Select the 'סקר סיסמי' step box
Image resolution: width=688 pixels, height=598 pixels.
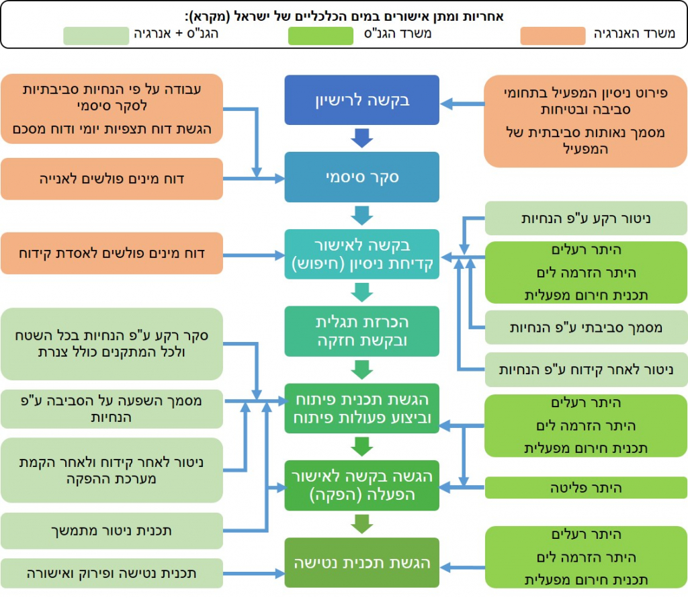(x=361, y=177)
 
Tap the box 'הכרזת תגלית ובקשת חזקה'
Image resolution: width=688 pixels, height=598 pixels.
(x=361, y=331)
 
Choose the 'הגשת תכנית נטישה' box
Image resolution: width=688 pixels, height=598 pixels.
(x=361, y=562)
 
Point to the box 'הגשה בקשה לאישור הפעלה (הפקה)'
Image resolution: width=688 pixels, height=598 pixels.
(x=361, y=486)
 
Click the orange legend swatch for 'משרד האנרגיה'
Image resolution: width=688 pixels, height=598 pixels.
(x=552, y=36)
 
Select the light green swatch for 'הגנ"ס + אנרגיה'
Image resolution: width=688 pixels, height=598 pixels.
(x=96, y=36)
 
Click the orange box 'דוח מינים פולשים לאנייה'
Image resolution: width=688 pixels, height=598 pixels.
(x=112, y=179)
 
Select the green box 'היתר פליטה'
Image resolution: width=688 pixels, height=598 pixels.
(x=586, y=488)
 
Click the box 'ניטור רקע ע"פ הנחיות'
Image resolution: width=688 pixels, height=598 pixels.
(x=586, y=219)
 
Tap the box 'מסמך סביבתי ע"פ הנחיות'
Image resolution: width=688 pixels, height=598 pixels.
(x=586, y=327)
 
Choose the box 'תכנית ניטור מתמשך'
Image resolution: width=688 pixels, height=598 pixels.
(x=112, y=531)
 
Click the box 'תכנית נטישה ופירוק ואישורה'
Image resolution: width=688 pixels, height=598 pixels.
(x=112, y=574)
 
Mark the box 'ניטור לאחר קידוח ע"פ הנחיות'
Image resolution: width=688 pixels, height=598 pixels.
(x=586, y=370)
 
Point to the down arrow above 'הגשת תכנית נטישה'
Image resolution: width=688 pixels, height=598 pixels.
(x=361, y=523)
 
